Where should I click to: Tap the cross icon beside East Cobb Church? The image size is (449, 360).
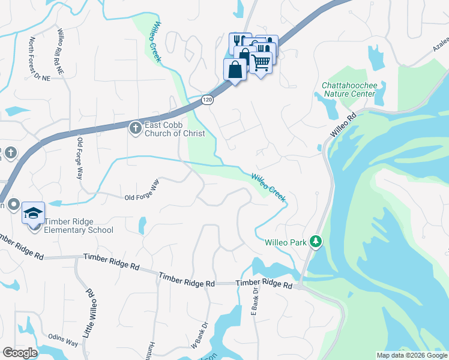point(135,128)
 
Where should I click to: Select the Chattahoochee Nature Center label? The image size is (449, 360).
point(349,89)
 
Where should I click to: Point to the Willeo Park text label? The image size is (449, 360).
point(285,242)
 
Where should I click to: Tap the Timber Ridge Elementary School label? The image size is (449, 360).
point(79,226)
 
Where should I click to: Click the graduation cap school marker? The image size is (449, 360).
point(34,213)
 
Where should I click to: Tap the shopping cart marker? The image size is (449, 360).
point(261,62)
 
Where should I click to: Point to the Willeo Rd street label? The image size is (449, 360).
point(343,125)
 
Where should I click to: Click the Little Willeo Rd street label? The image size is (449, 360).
point(89,311)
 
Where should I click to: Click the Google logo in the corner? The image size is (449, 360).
point(20,353)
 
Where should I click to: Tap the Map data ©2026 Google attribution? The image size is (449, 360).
point(411,355)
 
